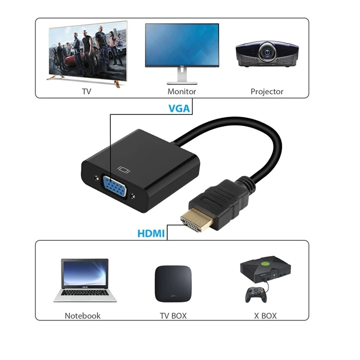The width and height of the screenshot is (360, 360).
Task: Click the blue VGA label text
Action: click(179, 108)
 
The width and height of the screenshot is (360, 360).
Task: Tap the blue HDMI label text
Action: click(151, 233)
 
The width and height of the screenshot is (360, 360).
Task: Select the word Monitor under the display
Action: click(182, 91)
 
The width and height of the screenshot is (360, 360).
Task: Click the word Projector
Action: click(267, 91)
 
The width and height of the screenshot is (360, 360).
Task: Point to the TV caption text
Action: click(87, 91)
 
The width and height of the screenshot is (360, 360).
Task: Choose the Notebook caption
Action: click(82, 316)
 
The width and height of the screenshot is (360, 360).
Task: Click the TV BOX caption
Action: click(173, 316)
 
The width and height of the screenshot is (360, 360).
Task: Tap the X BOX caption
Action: click(265, 316)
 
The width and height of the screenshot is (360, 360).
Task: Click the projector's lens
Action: click(267, 53)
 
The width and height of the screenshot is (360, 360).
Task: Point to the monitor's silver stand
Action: click(181, 77)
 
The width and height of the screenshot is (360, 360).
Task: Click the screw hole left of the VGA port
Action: click(95, 178)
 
